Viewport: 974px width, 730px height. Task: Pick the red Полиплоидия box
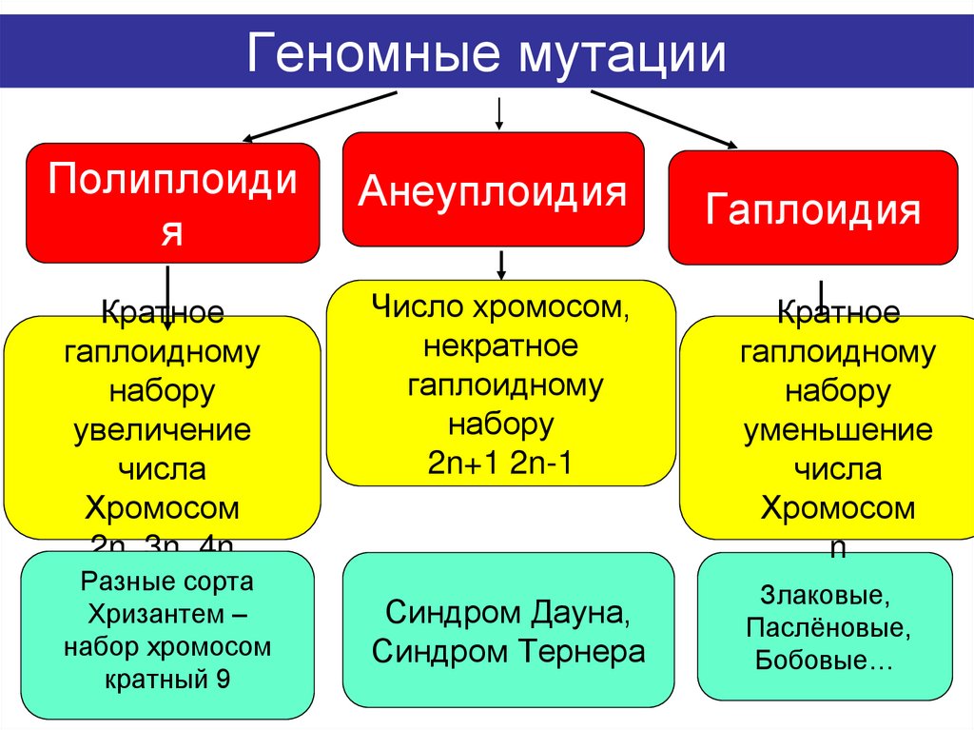(172, 202)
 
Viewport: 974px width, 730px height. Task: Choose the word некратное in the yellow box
(501, 346)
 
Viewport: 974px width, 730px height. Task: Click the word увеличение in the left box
(163, 429)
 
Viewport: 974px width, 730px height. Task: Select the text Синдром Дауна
(507, 612)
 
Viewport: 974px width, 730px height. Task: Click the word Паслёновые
(825, 629)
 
